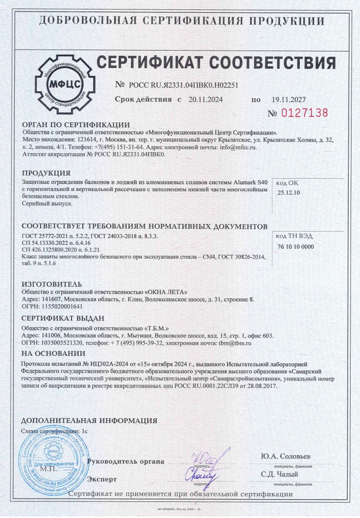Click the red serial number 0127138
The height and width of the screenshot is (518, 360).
[305, 113]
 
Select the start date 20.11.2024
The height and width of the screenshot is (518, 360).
[205, 100]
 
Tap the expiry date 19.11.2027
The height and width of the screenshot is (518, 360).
[289, 100]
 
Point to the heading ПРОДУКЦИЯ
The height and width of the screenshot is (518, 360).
[46, 173]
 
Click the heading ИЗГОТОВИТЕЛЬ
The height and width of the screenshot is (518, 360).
[52, 284]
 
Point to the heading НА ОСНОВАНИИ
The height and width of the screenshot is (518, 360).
[53, 354]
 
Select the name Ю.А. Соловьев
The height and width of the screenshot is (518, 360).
[286, 457]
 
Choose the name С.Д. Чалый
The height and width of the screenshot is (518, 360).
[280, 474]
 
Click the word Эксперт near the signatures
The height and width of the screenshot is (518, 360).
[102, 479]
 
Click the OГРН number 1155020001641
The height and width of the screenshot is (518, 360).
[63, 306]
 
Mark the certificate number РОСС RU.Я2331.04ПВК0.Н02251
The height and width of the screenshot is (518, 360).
[184, 85]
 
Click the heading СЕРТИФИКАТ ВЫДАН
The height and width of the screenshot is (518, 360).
[62, 318]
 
